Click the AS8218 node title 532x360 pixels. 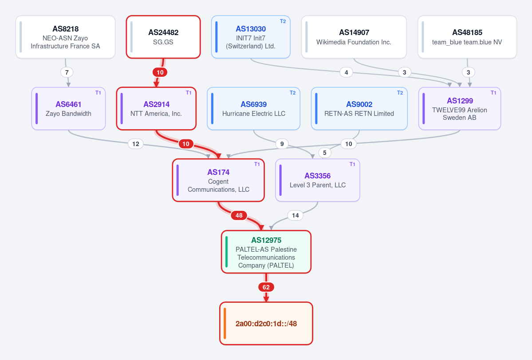point(66,29)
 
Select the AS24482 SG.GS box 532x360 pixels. point(163,37)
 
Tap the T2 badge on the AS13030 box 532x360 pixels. point(283,21)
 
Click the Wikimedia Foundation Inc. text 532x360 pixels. point(354,42)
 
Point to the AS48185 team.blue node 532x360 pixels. point(467,37)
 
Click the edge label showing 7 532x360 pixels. point(67,72)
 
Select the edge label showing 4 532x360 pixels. point(346,72)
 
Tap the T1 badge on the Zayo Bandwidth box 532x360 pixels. point(98,93)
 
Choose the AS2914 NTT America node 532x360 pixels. point(156,109)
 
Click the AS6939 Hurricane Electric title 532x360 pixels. point(253,104)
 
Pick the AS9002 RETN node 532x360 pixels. point(359,109)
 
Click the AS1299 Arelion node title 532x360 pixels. point(460,101)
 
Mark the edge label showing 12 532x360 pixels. point(136,144)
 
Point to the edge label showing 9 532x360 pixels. point(282,144)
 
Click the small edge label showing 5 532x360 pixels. point(325,153)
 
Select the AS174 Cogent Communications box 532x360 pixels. point(218,180)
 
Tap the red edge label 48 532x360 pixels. point(239,215)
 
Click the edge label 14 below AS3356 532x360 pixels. point(295,215)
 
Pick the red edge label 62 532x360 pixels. point(266,287)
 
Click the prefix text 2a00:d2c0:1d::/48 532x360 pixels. point(266,324)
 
